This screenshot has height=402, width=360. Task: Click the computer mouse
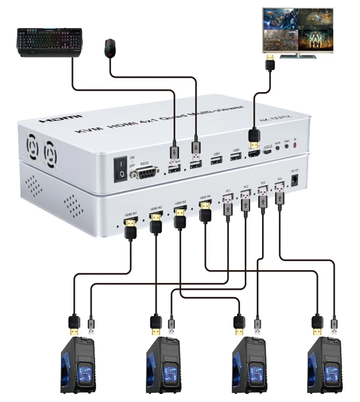point(109,47)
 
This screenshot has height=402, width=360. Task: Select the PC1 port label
point(228,190)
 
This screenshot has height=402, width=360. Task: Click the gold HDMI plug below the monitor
point(270,61)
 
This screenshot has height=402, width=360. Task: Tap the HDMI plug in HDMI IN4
point(206,210)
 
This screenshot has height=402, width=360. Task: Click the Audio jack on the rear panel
point(278,148)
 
